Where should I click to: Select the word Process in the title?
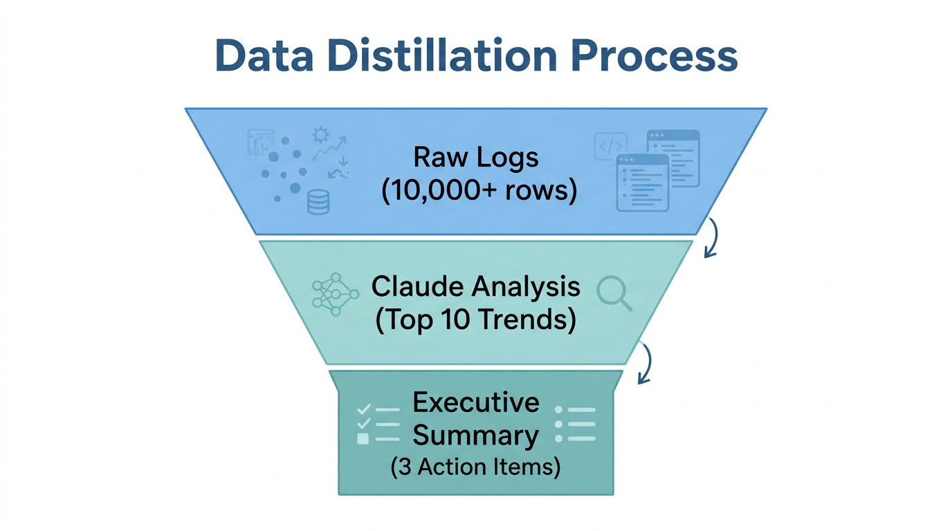(x=654, y=57)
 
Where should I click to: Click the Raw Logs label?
(x=476, y=157)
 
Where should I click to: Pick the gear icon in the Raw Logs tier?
(x=320, y=134)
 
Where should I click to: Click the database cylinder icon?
(x=318, y=203)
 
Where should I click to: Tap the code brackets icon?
(x=610, y=147)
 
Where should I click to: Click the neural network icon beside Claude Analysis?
(x=335, y=295)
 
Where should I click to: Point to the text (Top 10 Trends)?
(x=476, y=321)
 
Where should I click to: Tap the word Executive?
(x=476, y=402)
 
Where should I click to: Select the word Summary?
(x=476, y=436)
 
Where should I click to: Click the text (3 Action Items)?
(x=476, y=467)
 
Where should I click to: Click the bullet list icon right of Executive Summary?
(x=575, y=423)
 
